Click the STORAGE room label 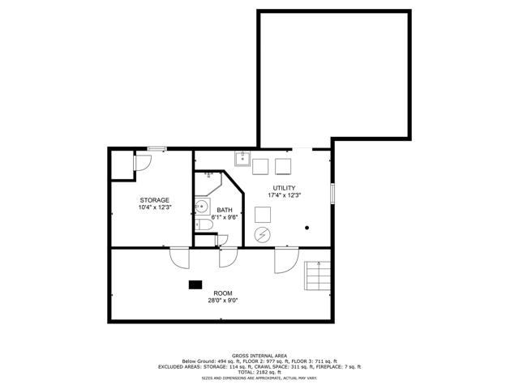(154, 200)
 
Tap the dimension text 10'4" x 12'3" (155, 207)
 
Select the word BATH (225, 210)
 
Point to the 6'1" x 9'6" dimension (225, 217)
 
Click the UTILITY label (284, 188)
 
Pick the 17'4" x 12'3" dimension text (284, 195)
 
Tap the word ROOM (223, 293)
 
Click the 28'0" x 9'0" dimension (223, 301)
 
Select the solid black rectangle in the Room (195, 284)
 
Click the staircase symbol (317, 276)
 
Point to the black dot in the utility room (307, 228)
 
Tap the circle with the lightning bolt (262, 235)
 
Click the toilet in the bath (204, 225)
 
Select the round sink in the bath (201, 207)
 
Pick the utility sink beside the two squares (242, 159)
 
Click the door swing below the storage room (180, 258)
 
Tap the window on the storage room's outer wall (157, 149)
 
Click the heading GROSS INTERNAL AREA (259, 356)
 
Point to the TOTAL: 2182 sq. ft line (259, 372)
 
